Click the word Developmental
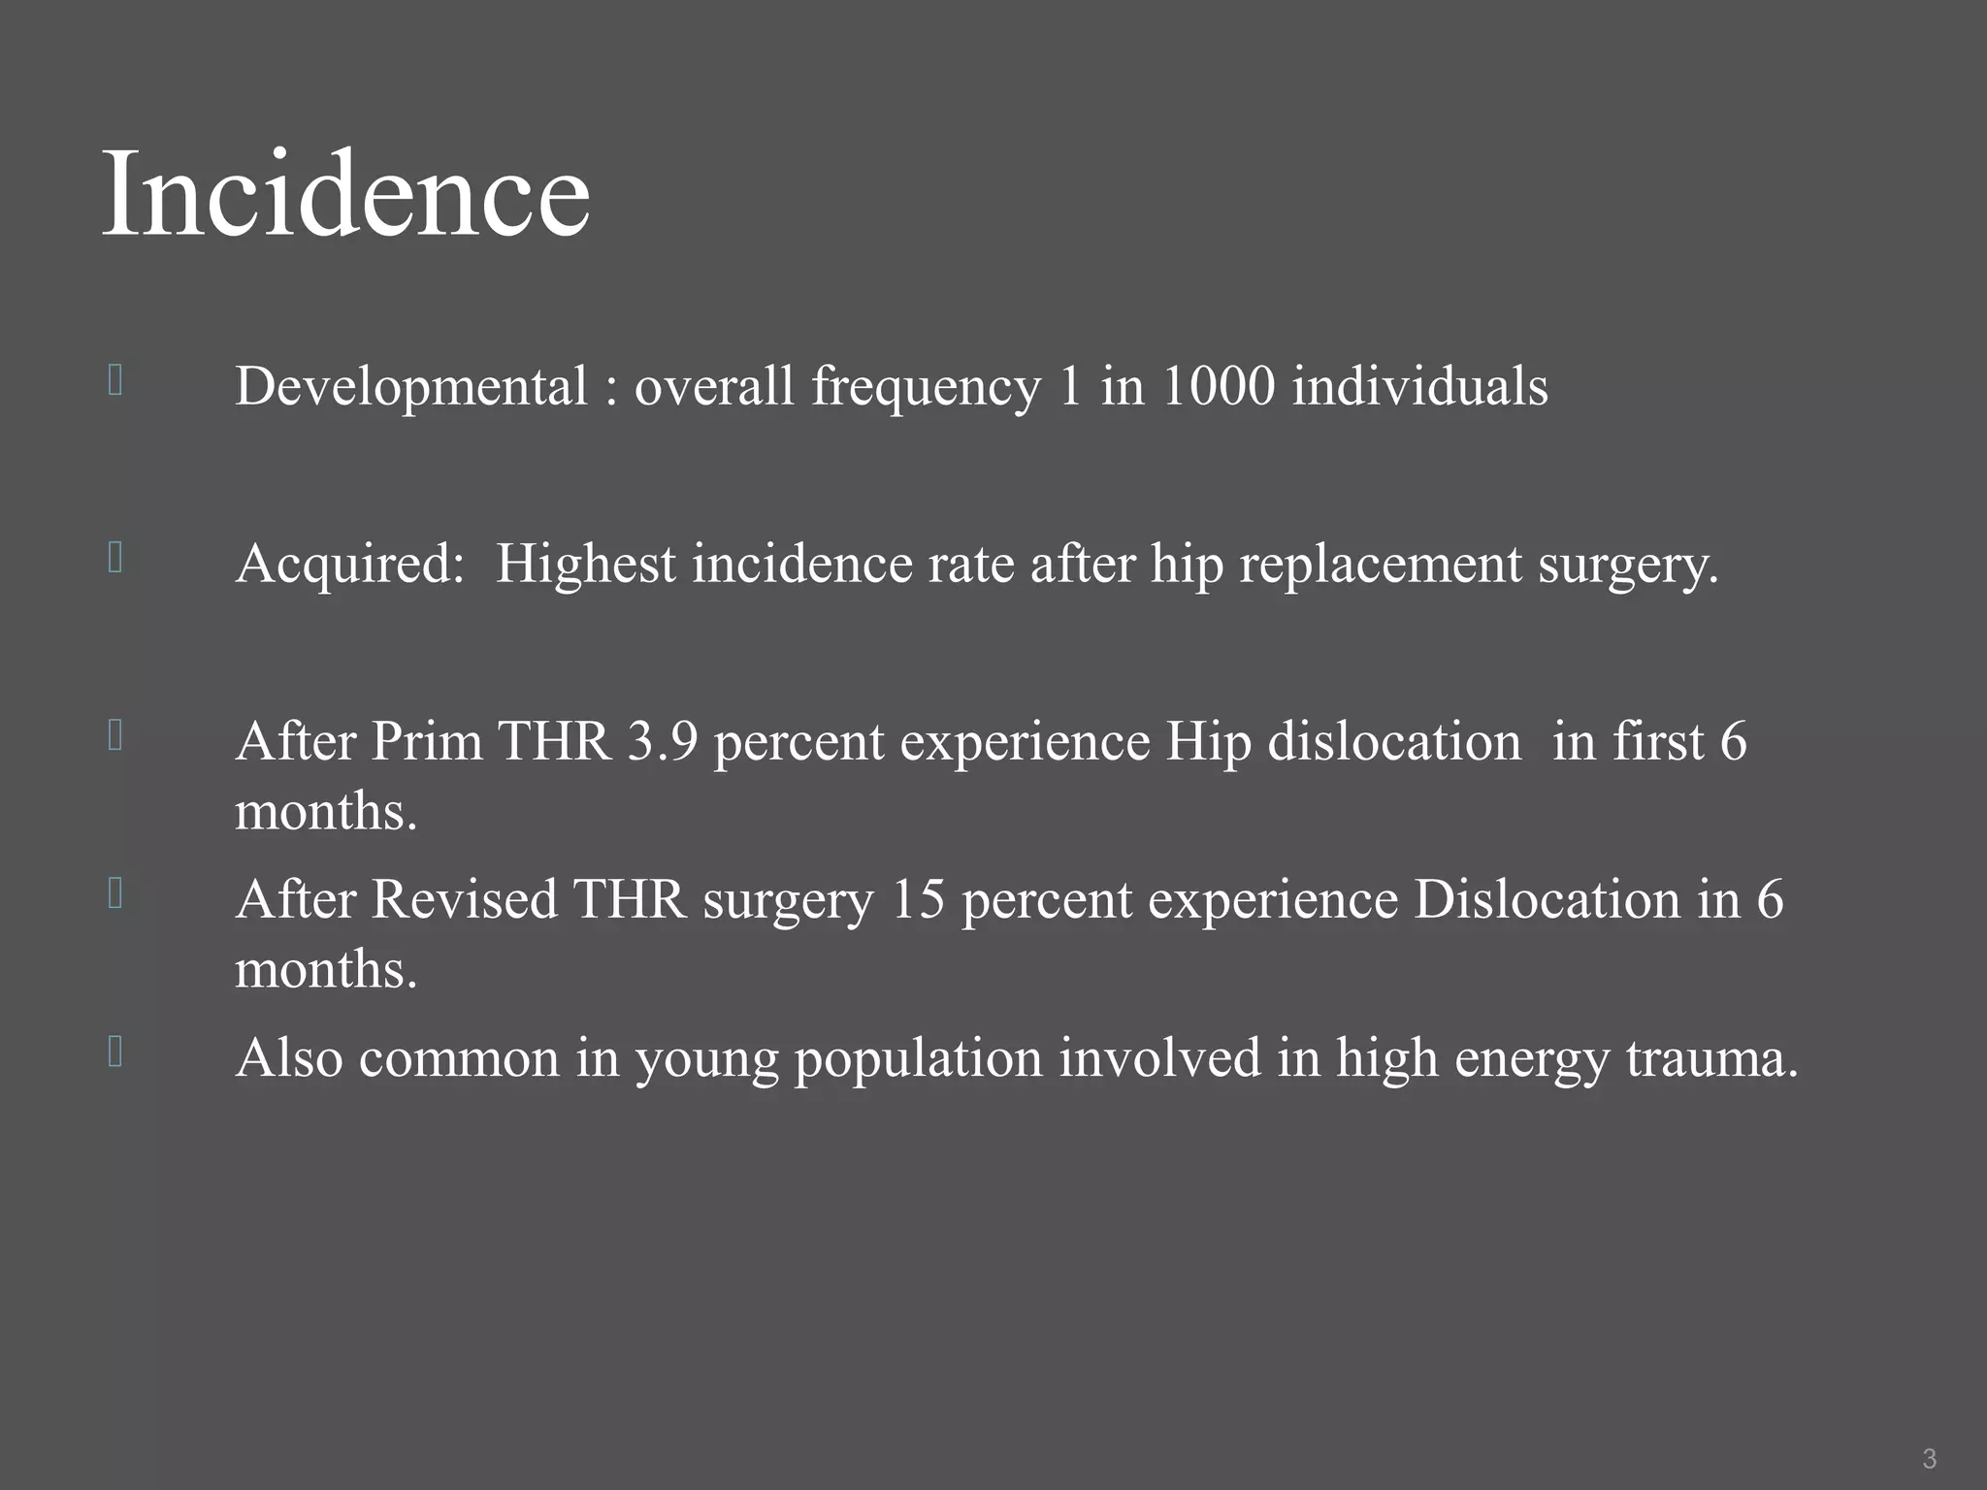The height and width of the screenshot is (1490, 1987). pyautogui.click(x=411, y=386)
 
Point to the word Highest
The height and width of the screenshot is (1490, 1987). pyautogui.click(x=585, y=564)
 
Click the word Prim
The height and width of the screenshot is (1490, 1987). pyautogui.click(x=427, y=741)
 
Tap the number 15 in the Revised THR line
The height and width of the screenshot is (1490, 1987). pyautogui.click(x=917, y=899)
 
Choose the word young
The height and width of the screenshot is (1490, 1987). pyautogui.click(x=706, y=1059)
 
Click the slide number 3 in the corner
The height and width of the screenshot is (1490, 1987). pyautogui.click(x=1929, y=1458)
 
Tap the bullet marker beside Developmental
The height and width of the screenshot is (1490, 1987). pyautogui.click(x=115, y=380)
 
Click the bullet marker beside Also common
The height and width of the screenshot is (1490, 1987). pyautogui.click(x=115, y=1052)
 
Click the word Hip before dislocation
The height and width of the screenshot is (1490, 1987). pyautogui.click(x=1208, y=743)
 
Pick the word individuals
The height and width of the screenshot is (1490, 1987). pyautogui.click(x=1419, y=386)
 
